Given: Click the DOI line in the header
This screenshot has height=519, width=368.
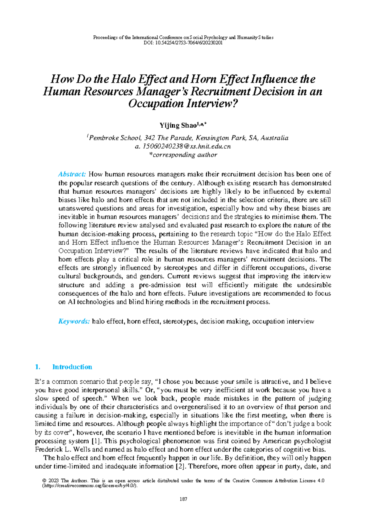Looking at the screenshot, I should click(x=183, y=43).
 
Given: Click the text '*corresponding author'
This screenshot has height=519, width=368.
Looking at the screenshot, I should click(x=183, y=155).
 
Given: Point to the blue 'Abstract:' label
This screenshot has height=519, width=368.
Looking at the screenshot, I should click(x=72, y=174).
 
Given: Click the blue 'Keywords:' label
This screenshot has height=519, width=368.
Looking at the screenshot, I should click(x=74, y=321).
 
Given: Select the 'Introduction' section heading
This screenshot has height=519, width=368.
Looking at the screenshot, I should click(x=72, y=367).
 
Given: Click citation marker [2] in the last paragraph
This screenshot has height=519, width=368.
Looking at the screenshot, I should click(x=180, y=467).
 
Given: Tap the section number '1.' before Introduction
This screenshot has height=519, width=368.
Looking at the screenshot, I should click(x=38, y=367).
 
